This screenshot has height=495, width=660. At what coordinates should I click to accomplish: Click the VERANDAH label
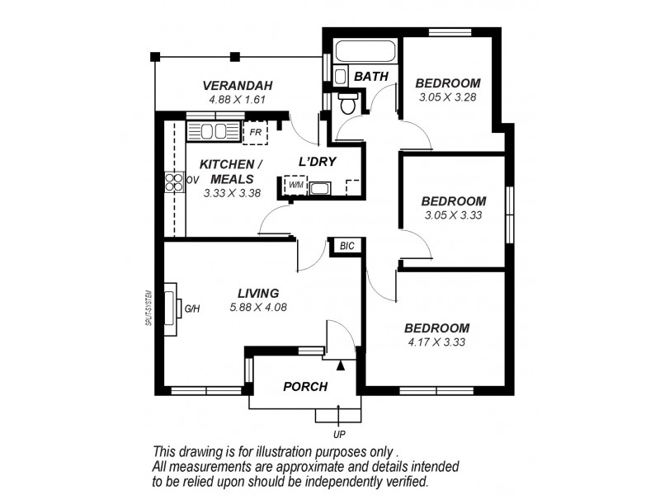pyautogui.click(x=238, y=86)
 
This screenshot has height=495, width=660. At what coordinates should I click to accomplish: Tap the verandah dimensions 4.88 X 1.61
pyautogui.click(x=238, y=100)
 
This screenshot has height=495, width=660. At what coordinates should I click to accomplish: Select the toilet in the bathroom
pyautogui.click(x=348, y=104)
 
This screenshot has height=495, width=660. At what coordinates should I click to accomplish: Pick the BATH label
pyautogui.click(x=370, y=77)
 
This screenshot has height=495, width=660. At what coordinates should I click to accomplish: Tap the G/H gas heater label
pyautogui.click(x=192, y=309)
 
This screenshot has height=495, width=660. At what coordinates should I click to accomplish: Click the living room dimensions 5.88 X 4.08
pyautogui.click(x=258, y=308)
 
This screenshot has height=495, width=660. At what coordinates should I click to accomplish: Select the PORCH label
pyautogui.click(x=305, y=386)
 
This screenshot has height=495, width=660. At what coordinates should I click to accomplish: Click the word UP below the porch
pyautogui.click(x=338, y=434)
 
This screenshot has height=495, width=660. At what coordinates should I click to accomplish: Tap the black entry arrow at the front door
pyautogui.click(x=340, y=364)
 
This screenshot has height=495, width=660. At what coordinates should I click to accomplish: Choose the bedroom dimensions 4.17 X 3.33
pyautogui.click(x=437, y=342)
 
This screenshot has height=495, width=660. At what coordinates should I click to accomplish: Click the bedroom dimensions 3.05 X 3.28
pyautogui.click(x=447, y=97)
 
